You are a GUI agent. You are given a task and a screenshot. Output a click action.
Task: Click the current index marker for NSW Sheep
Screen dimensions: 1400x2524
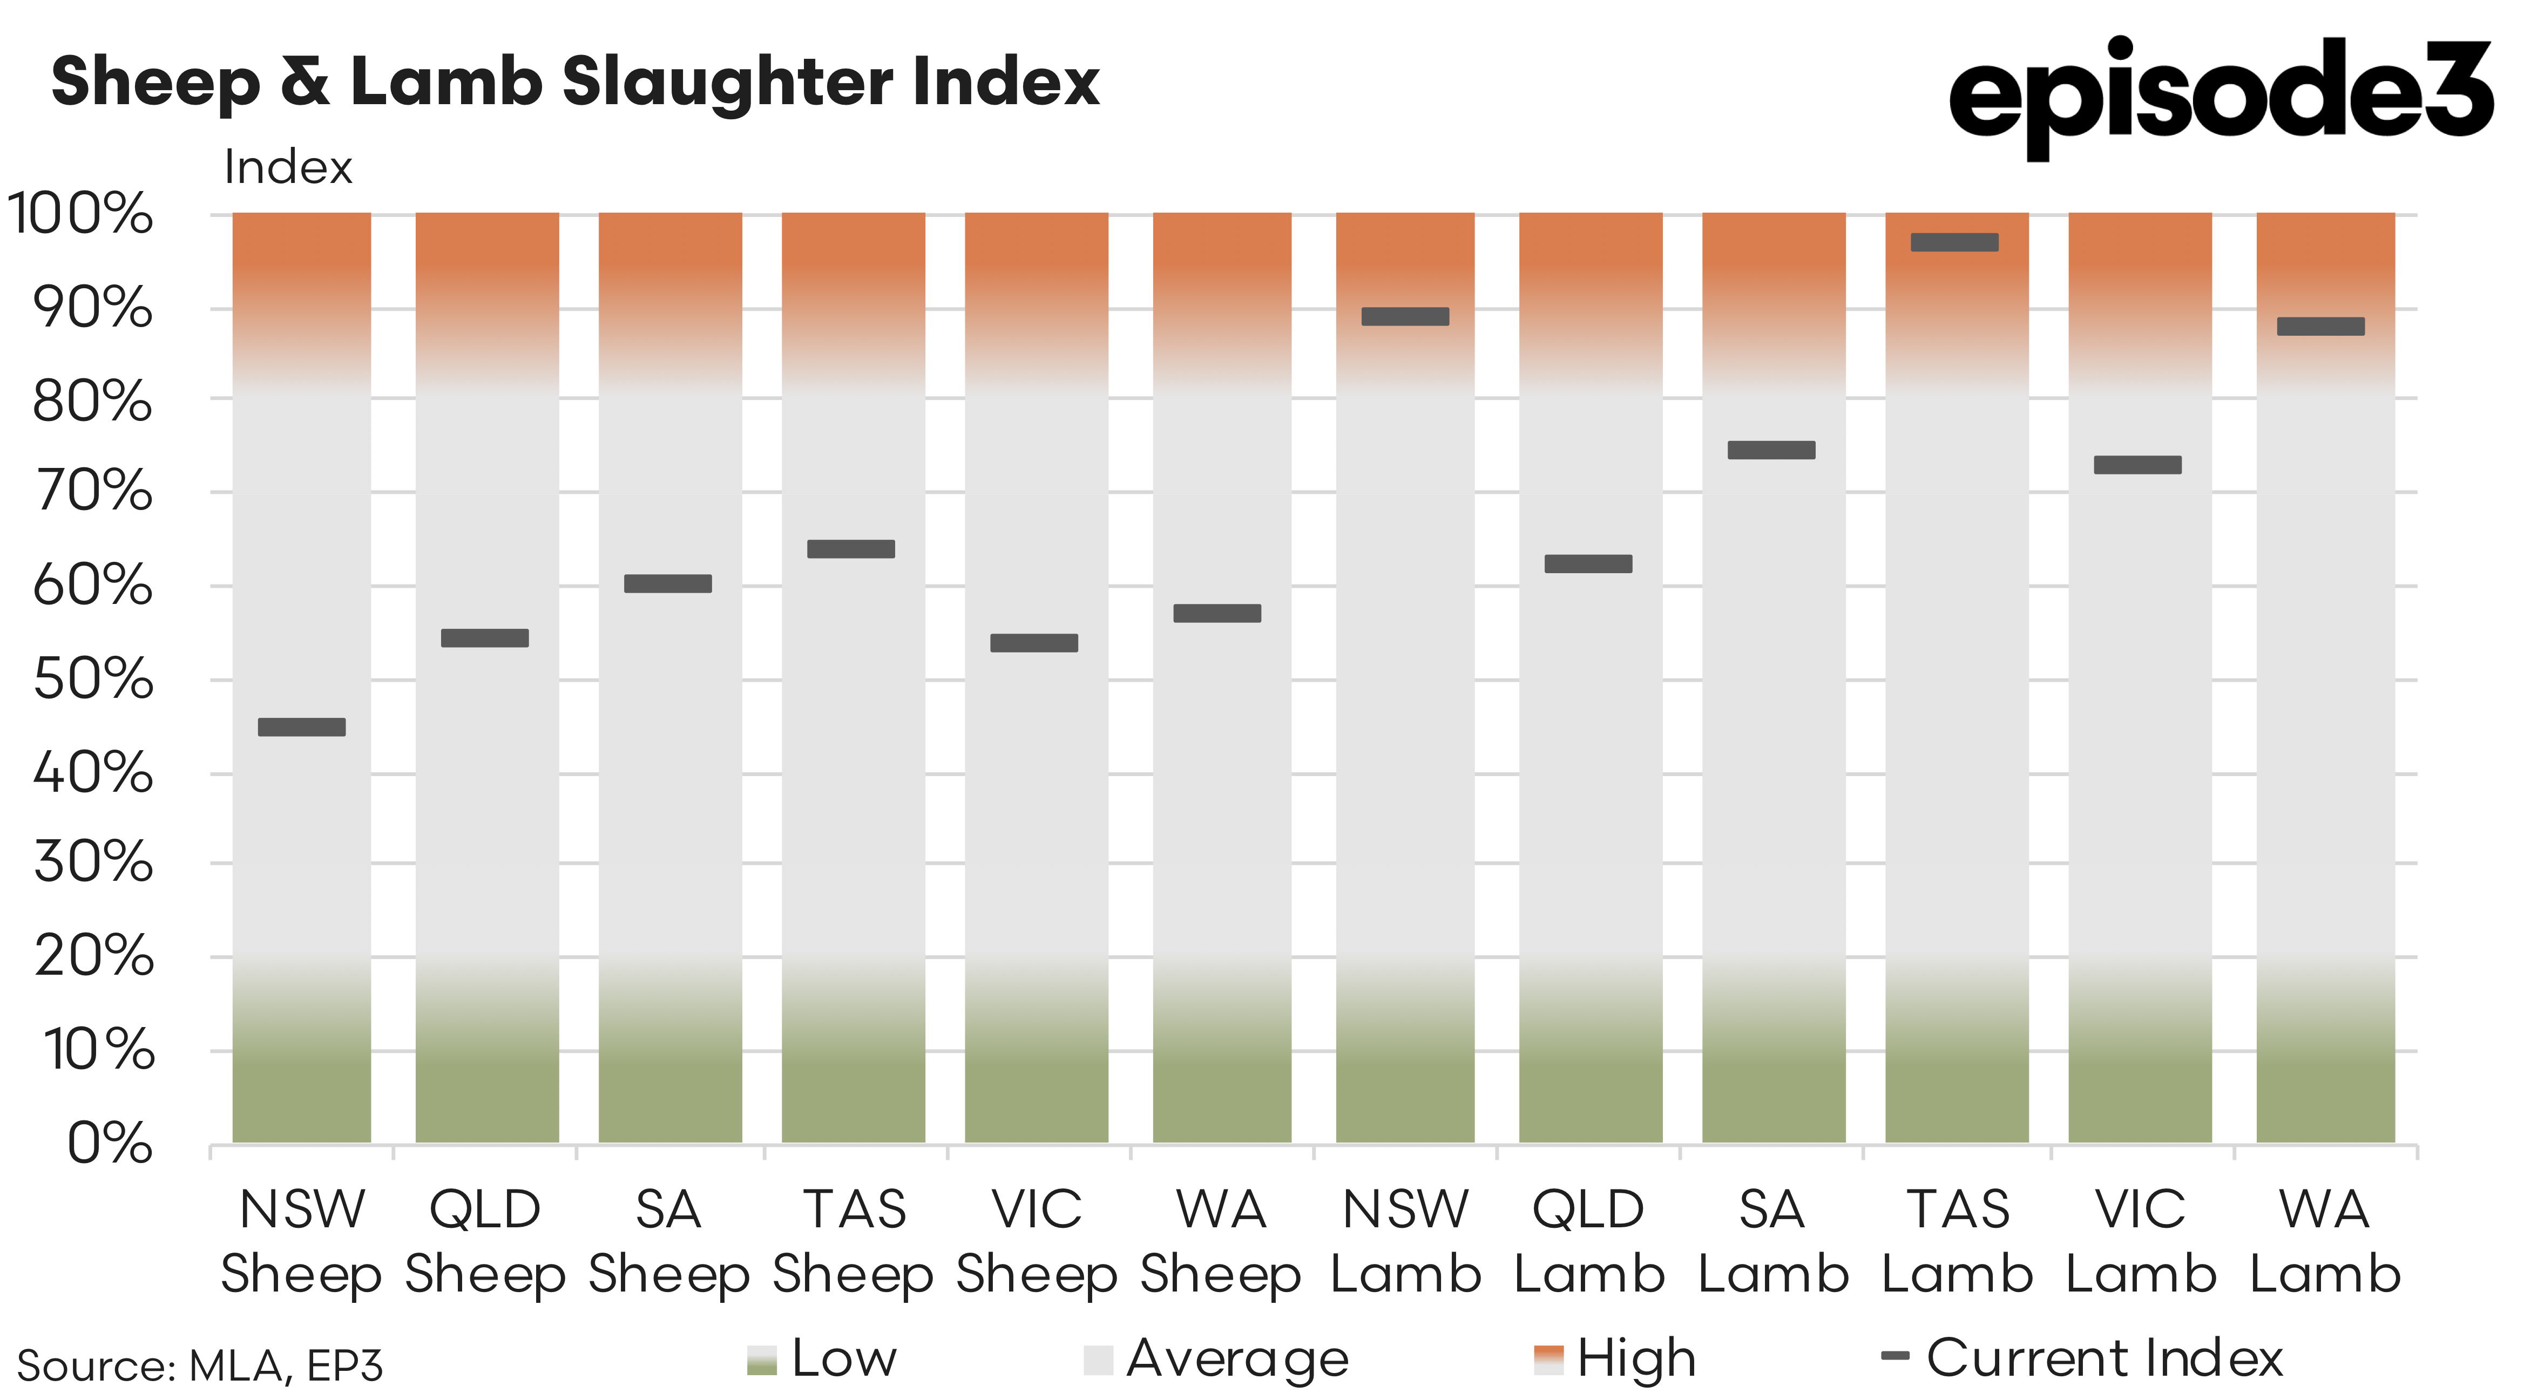point(302,727)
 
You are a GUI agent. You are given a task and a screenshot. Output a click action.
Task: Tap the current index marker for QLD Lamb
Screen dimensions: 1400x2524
point(1588,563)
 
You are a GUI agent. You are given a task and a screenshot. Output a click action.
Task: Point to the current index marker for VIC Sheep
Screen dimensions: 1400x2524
point(1034,643)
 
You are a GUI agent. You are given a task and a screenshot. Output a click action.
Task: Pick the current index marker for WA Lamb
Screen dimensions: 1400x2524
point(2320,326)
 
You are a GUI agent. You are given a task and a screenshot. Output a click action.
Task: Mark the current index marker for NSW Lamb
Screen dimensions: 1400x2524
point(1405,316)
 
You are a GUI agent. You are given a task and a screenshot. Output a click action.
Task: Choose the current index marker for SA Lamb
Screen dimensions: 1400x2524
point(1771,450)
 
